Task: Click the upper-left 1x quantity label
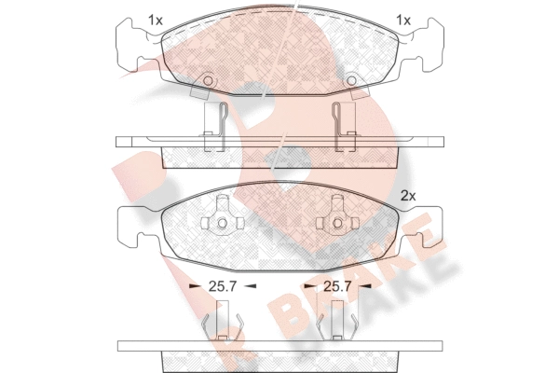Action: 156,21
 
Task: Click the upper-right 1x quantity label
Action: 403,21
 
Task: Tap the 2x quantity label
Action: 408,196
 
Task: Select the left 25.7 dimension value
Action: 223,286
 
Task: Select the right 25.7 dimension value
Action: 337,286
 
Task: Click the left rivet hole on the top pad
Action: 208,81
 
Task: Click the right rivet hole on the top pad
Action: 351,81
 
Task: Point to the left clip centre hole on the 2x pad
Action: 223,224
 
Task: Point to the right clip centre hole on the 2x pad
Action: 337,224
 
